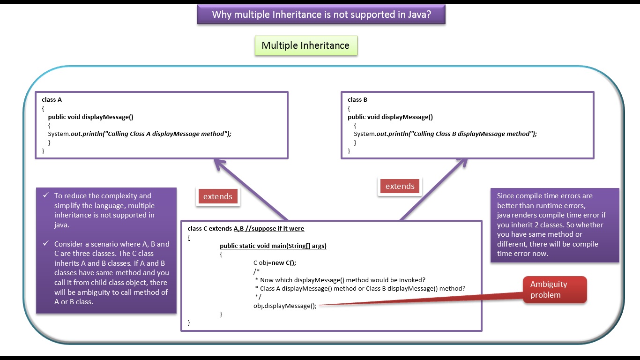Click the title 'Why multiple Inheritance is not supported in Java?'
click(x=321, y=15)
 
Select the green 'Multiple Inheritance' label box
click(x=305, y=45)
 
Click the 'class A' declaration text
click(x=52, y=99)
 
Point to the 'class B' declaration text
click(x=357, y=99)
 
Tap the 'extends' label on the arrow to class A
click(x=218, y=196)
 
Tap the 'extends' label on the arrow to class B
click(x=400, y=186)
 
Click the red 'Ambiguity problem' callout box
click(x=555, y=290)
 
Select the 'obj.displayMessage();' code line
click(x=285, y=306)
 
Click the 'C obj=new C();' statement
click(x=275, y=262)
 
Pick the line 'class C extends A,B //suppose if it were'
click(x=246, y=228)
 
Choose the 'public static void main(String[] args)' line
click(x=273, y=246)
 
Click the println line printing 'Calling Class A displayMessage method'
click(x=140, y=134)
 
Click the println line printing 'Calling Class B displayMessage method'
click(x=445, y=134)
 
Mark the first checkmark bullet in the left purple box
click(x=45, y=195)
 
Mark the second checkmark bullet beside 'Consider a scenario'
click(x=45, y=244)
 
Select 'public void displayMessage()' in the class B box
click(x=390, y=117)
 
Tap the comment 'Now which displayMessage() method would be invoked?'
click(x=342, y=280)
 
